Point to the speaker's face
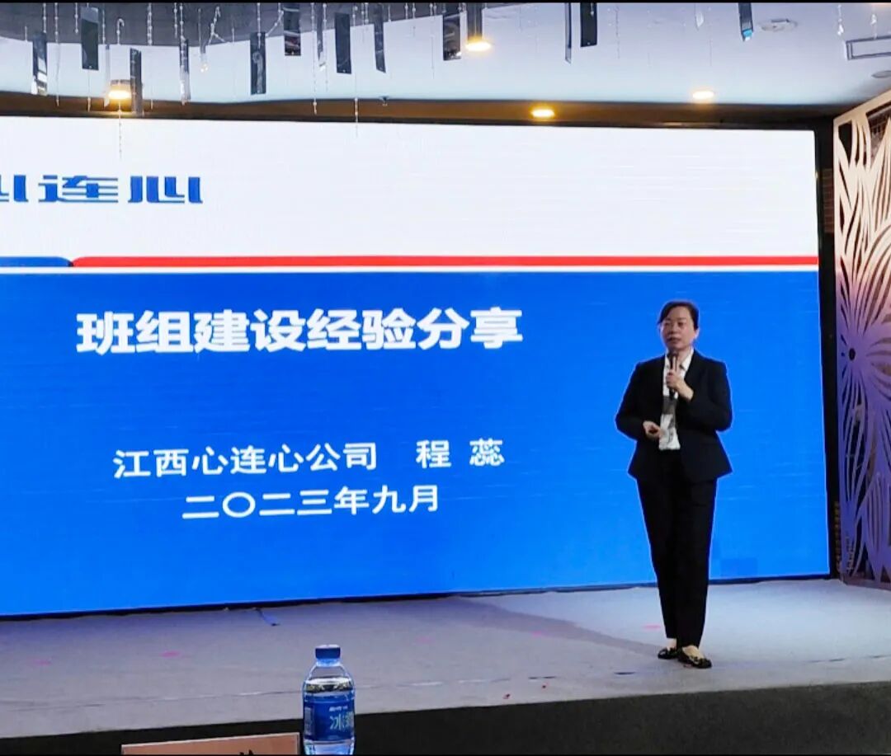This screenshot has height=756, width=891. (x=678, y=326)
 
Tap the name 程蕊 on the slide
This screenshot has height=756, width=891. (x=460, y=454)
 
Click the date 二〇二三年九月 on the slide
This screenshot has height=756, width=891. (x=309, y=500)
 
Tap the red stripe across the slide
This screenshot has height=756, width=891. (x=445, y=261)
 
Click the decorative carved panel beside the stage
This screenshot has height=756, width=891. (x=863, y=346)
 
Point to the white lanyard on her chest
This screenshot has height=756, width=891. (x=667, y=404)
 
